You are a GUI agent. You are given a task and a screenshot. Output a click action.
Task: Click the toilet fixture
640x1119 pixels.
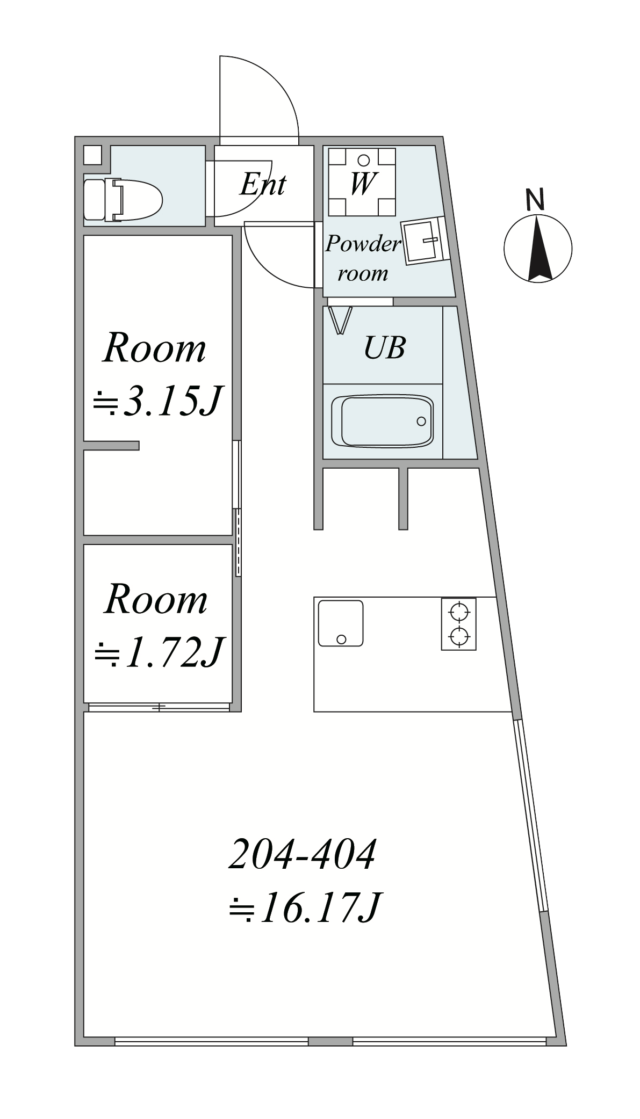[123, 200]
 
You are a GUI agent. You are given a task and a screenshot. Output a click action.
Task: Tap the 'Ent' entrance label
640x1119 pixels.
[263, 185]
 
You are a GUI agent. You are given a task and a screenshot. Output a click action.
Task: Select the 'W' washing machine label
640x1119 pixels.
[363, 183]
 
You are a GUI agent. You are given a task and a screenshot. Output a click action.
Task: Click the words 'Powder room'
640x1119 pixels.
[363, 258]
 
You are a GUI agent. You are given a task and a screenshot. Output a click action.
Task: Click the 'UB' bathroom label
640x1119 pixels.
[385, 347]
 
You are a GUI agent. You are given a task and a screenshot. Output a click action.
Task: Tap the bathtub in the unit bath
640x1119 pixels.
[383, 422]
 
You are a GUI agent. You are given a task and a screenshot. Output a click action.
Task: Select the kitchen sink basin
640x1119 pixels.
[341, 623]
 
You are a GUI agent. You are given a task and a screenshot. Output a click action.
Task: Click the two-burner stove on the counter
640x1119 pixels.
[458, 624]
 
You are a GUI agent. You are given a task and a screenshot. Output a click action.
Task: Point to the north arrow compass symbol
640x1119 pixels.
[538, 248]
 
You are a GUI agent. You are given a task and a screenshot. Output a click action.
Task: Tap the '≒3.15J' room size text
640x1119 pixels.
[157, 401]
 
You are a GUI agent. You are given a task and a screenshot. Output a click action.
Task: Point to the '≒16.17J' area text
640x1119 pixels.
[305, 908]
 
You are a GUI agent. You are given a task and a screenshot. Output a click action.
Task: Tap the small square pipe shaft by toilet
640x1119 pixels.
[92, 155]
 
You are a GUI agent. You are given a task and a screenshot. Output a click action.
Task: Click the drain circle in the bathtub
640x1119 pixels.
[422, 422]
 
